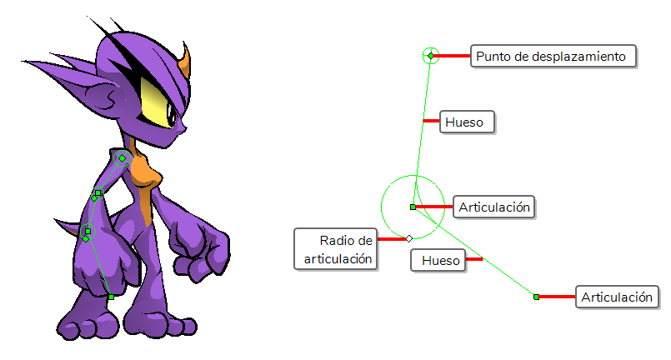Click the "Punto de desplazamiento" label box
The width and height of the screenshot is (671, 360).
[553, 56]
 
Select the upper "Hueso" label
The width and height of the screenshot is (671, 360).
[467, 122]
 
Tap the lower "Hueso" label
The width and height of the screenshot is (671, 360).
[438, 260]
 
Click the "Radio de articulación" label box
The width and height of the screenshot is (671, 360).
[335, 249]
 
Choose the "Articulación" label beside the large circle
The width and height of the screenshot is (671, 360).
[493, 207]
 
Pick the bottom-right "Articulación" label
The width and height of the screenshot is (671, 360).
[617, 297]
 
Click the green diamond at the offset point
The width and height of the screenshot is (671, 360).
[430, 56]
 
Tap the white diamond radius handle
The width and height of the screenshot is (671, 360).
[409, 238]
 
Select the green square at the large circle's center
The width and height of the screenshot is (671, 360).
[413, 207]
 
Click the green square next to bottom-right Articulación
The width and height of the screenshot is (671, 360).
[536, 297]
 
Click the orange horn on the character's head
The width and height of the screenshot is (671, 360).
[185, 61]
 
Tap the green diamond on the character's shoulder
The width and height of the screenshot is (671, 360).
[123, 158]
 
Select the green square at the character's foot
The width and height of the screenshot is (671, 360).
[111, 297]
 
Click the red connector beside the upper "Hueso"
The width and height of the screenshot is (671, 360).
[432, 121]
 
